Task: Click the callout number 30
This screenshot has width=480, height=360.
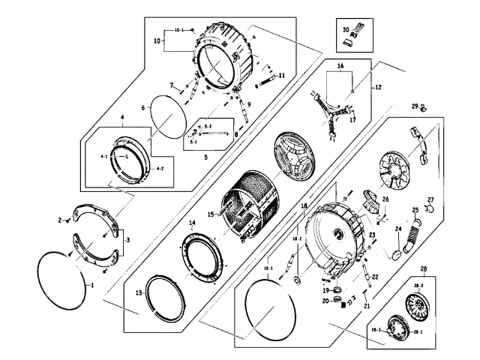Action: [x=346, y=31]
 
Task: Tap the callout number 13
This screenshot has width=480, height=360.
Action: [x=139, y=292]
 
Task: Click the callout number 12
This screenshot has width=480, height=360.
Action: [x=378, y=88]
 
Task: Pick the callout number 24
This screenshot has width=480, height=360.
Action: [x=399, y=229]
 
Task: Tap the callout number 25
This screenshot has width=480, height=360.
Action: [x=415, y=211]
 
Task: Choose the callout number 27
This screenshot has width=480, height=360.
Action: [x=430, y=199]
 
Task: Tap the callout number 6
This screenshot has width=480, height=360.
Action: [x=142, y=108]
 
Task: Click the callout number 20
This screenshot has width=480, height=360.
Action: [x=325, y=301]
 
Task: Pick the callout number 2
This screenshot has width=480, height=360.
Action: [x=58, y=220]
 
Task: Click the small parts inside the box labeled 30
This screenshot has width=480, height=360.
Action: [x=358, y=34]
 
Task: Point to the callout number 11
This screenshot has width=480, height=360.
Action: [x=282, y=76]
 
